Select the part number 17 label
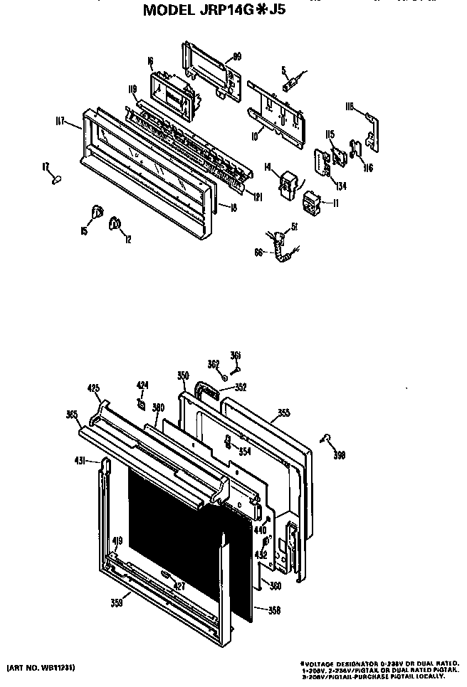click(46, 166)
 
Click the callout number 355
click(283, 412)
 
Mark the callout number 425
click(93, 388)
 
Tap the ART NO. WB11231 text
click(42, 668)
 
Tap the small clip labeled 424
click(142, 405)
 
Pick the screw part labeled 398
click(327, 439)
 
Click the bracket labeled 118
click(371, 128)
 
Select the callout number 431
click(80, 461)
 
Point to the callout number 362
click(214, 365)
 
